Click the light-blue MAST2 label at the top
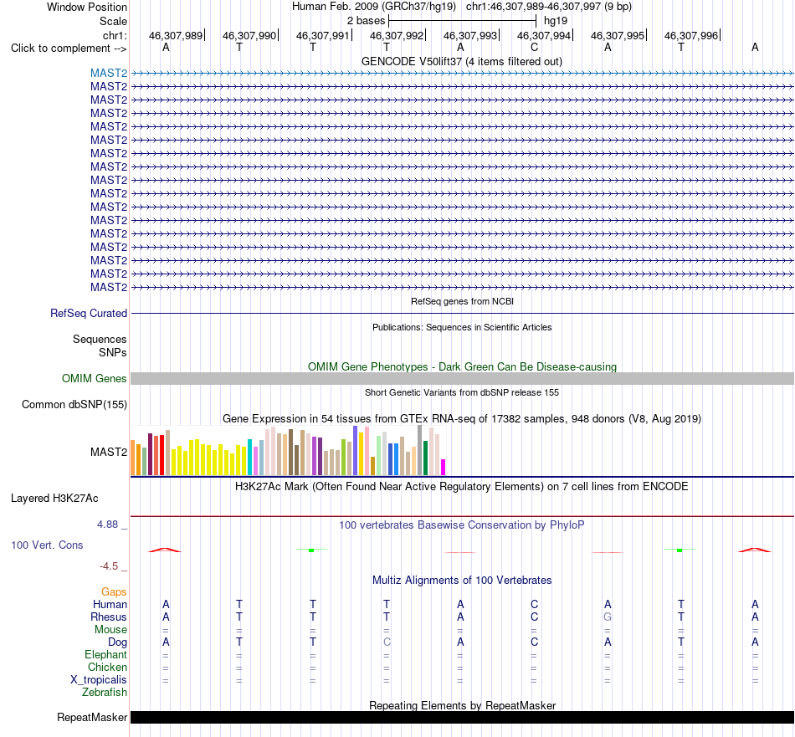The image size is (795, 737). coord(109,73)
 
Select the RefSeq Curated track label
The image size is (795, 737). coord(89,313)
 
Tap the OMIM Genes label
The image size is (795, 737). coord(95,379)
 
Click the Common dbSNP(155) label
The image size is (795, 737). coord(74,405)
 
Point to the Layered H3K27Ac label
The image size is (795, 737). coord(54,499)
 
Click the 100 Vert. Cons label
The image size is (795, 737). coord(47,545)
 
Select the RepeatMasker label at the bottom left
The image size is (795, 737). coord(92,717)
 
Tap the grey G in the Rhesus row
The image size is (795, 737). coord(608,617)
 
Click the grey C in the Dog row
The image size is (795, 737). coord(387,642)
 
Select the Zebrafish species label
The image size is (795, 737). coord(105,692)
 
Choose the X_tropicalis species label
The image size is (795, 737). coord(99,680)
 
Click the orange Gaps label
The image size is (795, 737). coord(114,592)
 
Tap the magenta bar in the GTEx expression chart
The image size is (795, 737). coord(444,467)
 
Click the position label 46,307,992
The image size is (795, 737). coord(397,35)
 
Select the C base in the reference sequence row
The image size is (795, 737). coord(534,47)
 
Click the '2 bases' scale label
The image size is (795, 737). coord(366,21)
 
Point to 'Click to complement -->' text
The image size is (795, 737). coord(69,49)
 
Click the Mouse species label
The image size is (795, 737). coord(110,630)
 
